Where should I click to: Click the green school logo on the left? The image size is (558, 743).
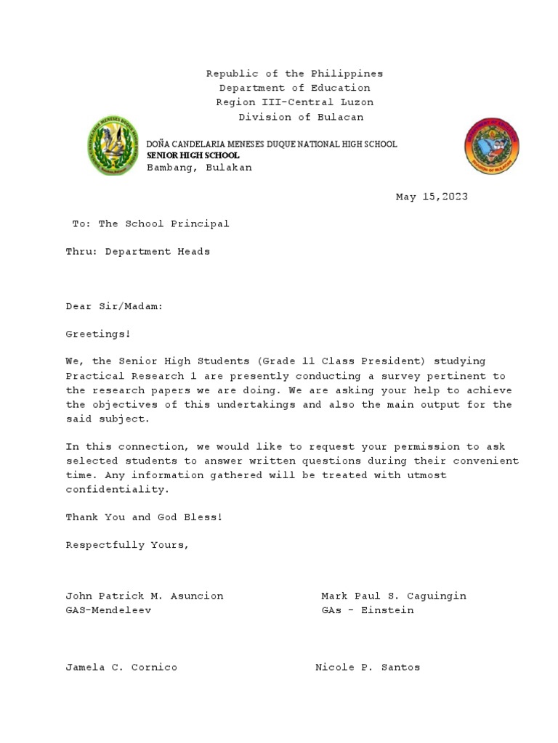click(113, 146)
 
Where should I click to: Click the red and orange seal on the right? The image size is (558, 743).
click(492, 146)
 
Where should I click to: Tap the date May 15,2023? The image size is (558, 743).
click(432, 197)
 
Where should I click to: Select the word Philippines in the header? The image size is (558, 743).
click(347, 74)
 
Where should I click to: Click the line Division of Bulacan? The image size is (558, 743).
click(301, 117)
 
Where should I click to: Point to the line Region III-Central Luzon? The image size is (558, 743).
click(294, 102)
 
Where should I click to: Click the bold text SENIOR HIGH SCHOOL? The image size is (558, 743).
click(193, 156)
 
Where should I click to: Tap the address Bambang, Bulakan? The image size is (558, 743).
click(200, 168)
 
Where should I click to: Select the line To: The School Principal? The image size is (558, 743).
click(150, 223)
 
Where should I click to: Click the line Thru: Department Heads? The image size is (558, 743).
click(138, 251)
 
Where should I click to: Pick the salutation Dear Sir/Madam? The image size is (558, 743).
click(115, 306)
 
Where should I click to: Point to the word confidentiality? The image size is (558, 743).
click(117, 490)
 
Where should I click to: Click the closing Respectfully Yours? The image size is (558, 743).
click(128, 545)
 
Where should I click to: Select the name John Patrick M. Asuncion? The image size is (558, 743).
click(145, 596)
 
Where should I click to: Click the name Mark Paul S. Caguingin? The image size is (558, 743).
click(394, 596)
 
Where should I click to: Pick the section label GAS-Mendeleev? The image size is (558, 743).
click(109, 610)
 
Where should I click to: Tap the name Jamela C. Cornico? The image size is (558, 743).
click(121, 667)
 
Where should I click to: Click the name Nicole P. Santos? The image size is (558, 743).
click(368, 667)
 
